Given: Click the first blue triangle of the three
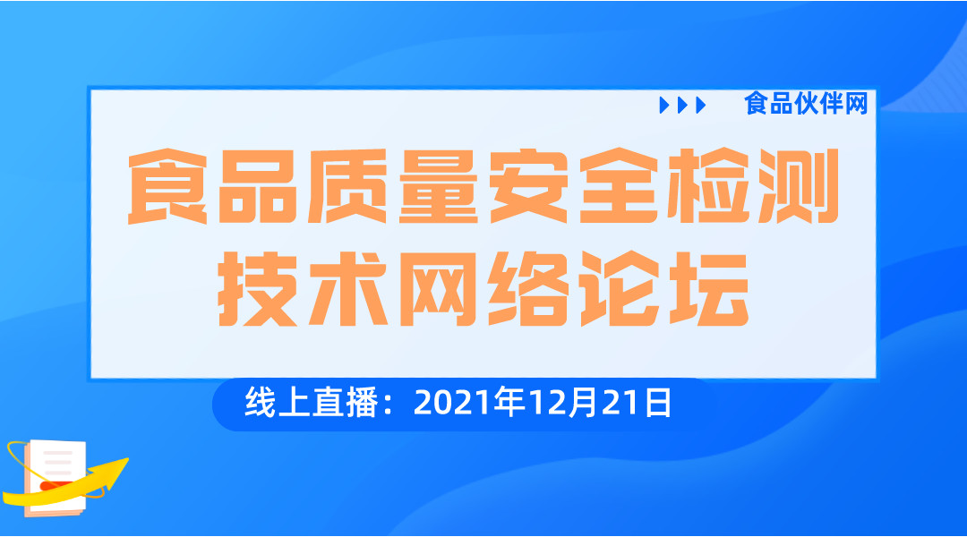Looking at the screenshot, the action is pyautogui.click(x=664, y=106).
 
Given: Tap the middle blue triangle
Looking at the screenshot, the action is pyautogui.click(x=682, y=106).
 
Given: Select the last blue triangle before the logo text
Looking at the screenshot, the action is pyautogui.click(x=700, y=106).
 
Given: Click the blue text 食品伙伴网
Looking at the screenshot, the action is pyautogui.click(x=806, y=104).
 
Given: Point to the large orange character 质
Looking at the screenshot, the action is pyautogui.click(x=347, y=185).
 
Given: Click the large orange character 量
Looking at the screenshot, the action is pyautogui.click(x=439, y=185).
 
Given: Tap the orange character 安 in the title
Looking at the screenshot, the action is pyautogui.click(x=529, y=185).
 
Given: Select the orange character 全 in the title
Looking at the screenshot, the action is pyautogui.click(x=620, y=185).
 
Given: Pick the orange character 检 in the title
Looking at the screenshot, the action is pyautogui.click(x=709, y=185).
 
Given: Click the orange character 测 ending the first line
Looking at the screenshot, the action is pyautogui.click(x=800, y=185).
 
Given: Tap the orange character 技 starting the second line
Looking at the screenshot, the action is pyautogui.click(x=258, y=288).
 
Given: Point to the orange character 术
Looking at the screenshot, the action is pyautogui.click(x=348, y=288).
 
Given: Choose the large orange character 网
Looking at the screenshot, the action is pyautogui.click(x=439, y=288).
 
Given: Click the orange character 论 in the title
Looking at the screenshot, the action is pyautogui.click(x=620, y=288).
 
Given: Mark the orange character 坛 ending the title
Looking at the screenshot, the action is pyautogui.click(x=709, y=288).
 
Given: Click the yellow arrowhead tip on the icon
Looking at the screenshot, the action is pyautogui.click(x=126, y=459).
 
